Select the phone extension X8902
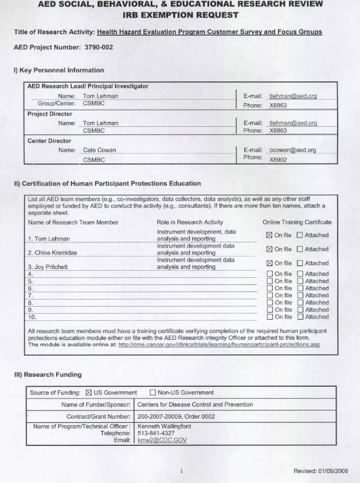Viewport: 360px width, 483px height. click(279, 159)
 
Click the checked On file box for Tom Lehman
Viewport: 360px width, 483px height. click(270, 235)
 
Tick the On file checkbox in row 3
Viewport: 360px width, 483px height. click(270, 263)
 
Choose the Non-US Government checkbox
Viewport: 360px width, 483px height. click(153, 393)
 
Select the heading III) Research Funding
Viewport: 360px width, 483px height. click(48, 374)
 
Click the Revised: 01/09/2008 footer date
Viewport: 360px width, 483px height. click(320, 471)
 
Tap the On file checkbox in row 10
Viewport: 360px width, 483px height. click(270, 317)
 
